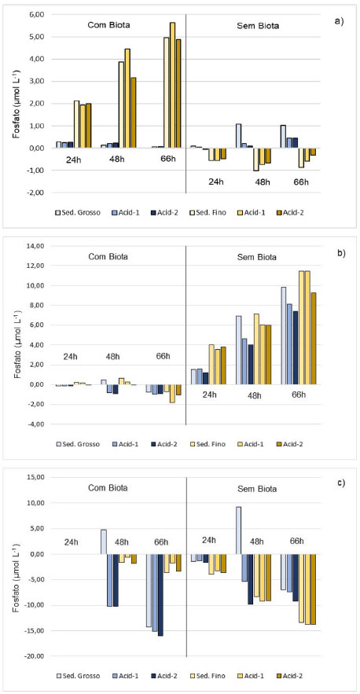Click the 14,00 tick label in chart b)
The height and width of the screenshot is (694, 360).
37,246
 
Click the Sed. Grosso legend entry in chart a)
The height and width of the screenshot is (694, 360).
78,212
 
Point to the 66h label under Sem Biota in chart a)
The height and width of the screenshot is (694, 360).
301,182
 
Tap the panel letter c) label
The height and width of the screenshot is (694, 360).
340,483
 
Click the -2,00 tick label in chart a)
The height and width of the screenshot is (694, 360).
37,193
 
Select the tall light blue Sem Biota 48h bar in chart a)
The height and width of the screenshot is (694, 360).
239,136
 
